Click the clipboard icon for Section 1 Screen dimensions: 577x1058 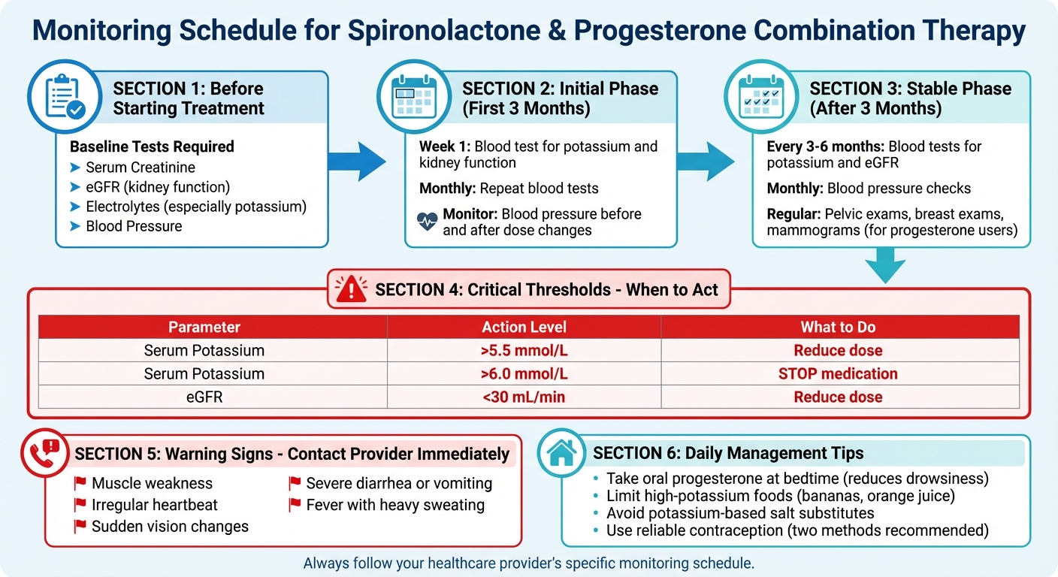(65, 98)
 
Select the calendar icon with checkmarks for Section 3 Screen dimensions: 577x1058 (761, 98)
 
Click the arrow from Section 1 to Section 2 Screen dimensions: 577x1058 (360, 160)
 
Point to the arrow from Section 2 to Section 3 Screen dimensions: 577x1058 (706, 160)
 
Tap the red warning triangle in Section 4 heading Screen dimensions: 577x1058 (350, 289)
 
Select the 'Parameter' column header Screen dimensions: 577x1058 (204, 328)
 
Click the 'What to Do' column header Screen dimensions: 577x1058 (838, 328)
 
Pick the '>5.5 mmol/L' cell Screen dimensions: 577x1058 (524, 351)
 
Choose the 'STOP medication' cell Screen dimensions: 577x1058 (838, 374)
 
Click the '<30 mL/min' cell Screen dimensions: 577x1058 (524, 397)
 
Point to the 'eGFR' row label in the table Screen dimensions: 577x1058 (204, 397)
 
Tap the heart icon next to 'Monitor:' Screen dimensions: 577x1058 (427, 222)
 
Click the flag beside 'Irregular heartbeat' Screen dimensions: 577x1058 (80, 506)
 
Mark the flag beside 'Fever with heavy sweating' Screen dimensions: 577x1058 (295, 506)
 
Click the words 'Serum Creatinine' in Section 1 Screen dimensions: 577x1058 (141, 168)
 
